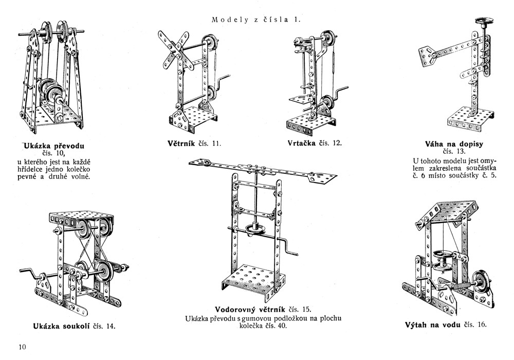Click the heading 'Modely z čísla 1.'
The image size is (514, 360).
coord(255,20)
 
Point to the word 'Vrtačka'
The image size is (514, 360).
coord(302,142)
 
